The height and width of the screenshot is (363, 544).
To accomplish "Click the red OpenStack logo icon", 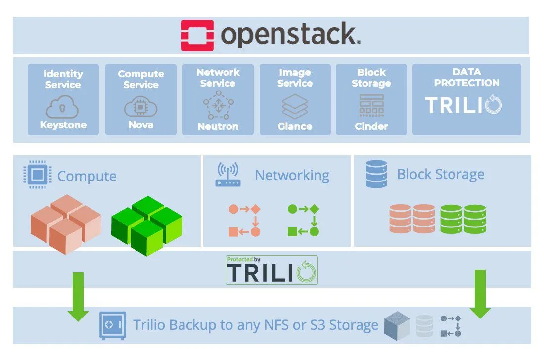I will point(197,35).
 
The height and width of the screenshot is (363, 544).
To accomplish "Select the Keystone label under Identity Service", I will point(63,125).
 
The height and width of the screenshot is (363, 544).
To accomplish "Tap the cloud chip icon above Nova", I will point(140,106).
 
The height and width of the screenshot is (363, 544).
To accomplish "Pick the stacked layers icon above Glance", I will point(295,105).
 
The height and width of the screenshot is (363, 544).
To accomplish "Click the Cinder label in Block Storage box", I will point(371,126).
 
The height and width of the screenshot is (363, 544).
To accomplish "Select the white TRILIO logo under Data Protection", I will point(464,105).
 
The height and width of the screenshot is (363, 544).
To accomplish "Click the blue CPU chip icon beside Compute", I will point(38,176).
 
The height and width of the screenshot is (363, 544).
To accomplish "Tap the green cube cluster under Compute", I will point(147,225).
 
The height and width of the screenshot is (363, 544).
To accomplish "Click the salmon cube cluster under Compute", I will point(66,224).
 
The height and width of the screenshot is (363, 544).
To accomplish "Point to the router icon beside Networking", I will point(227,175).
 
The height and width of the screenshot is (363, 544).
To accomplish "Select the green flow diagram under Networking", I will point(303,220).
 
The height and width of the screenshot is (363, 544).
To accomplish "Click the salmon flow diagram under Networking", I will point(244,220).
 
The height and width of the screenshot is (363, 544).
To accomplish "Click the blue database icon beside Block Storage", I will point(376,174).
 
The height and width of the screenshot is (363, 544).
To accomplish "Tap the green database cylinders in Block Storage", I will point(463,219).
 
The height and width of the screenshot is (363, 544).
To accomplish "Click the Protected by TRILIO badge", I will point(272,270).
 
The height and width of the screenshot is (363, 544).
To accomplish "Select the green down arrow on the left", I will point(78,296).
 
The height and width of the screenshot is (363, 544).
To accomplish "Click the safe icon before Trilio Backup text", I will point(112,325).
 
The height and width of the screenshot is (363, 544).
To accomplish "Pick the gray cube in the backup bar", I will point(397,326).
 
